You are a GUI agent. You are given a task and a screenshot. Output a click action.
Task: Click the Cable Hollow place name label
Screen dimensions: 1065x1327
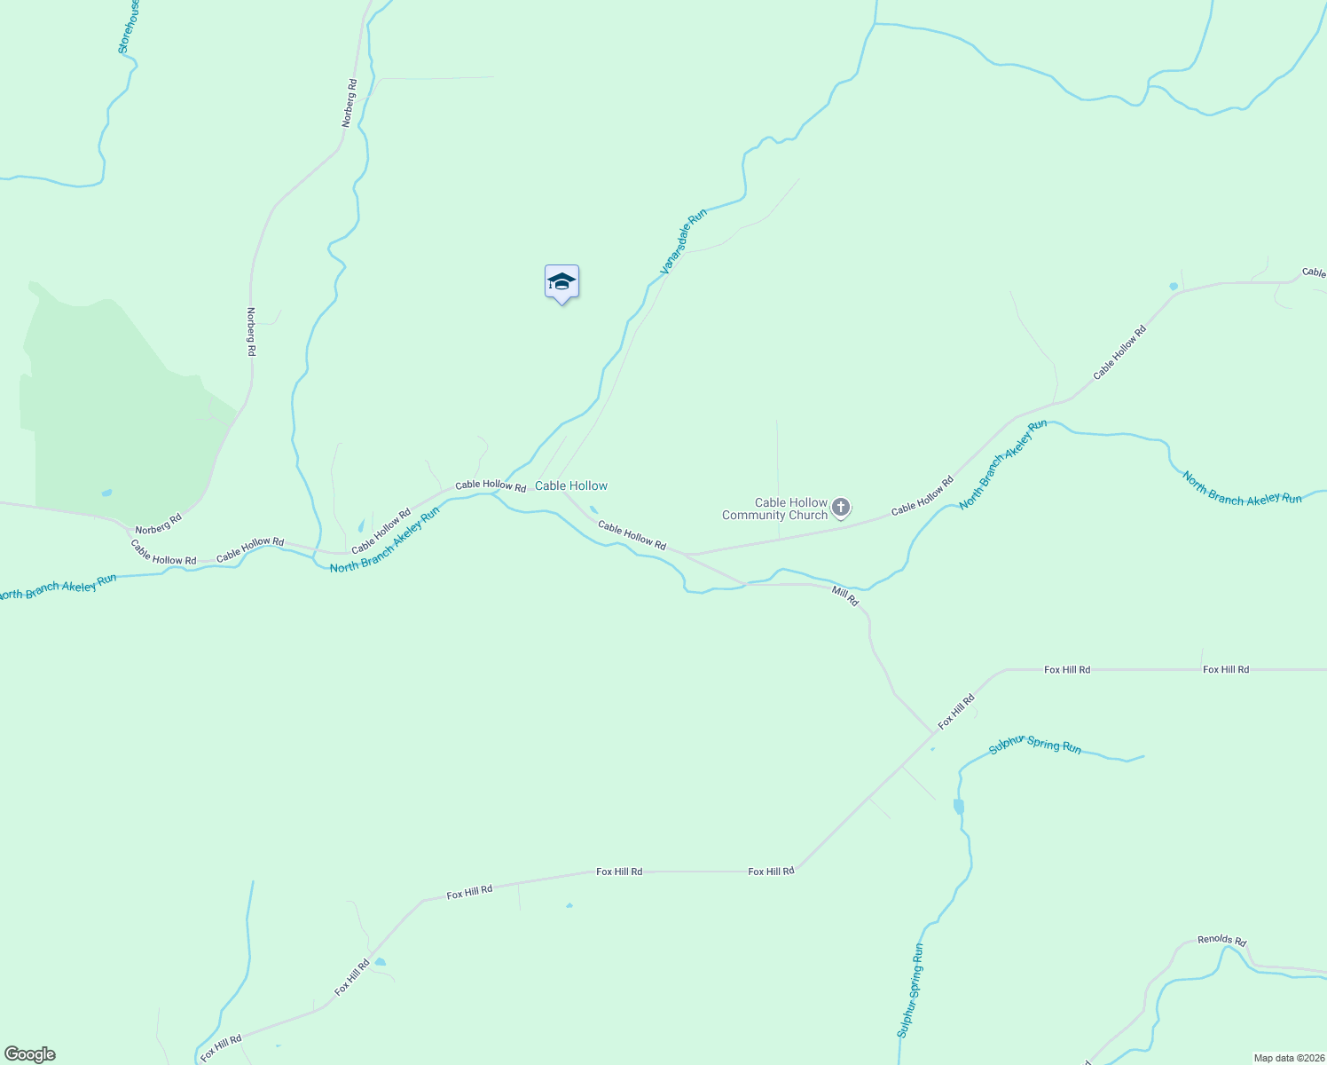click(571, 485)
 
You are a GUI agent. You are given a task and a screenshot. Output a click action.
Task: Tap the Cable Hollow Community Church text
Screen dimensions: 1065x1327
click(774, 509)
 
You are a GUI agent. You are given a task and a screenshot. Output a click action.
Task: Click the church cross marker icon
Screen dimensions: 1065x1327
click(840, 508)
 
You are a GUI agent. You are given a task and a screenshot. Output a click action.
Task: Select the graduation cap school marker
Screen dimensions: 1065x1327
click(561, 283)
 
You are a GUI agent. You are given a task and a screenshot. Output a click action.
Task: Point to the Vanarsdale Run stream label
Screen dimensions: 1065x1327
click(683, 241)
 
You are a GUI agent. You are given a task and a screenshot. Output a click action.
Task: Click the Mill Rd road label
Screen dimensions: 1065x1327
click(845, 596)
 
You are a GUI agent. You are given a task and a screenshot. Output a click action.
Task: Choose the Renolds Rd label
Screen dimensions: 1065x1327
click(1221, 940)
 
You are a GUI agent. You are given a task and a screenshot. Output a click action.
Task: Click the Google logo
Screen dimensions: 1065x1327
click(30, 1054)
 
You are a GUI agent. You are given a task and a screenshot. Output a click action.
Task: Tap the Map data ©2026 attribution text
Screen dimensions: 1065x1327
click(1288, 1058)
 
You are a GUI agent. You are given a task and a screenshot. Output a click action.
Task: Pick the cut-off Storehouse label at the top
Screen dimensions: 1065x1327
click(129, 27)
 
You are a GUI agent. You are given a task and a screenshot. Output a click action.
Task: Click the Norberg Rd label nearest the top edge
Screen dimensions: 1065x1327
click(349, 102)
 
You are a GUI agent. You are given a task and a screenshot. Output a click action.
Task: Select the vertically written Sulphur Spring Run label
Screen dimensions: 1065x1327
click(910, 990)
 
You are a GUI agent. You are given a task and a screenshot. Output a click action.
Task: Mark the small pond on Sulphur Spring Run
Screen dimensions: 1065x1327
click(958, 807)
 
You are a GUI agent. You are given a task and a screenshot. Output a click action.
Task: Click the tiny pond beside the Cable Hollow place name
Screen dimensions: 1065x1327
click(593, 509)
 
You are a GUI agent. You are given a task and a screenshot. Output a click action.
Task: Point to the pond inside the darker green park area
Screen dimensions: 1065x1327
click(107, 493)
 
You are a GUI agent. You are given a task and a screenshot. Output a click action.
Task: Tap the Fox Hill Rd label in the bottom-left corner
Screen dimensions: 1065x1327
click(221, 1048)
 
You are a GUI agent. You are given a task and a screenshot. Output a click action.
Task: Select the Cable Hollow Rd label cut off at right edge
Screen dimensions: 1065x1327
click(1314, 272)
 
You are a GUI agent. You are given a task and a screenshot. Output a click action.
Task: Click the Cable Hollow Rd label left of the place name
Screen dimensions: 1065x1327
click(491, 485)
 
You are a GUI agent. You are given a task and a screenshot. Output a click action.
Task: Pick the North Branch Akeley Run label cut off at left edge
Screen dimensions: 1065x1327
click(58, 588)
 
